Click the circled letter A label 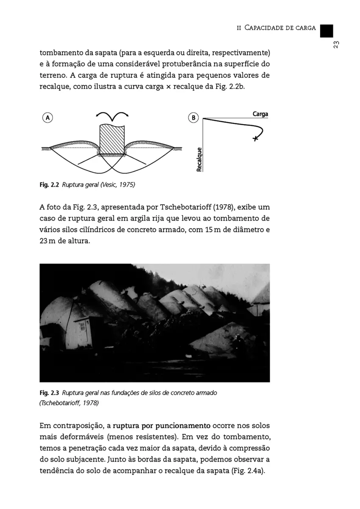point(47,117)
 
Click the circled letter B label point(193,118)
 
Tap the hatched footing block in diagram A point(112,140)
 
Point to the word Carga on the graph point(260,114)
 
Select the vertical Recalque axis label point(199,159)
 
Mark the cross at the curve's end point(255,139)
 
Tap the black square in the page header point(326,31)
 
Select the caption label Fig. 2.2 point(49,185)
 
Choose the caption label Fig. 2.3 point(49,393)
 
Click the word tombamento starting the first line point(59,54)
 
